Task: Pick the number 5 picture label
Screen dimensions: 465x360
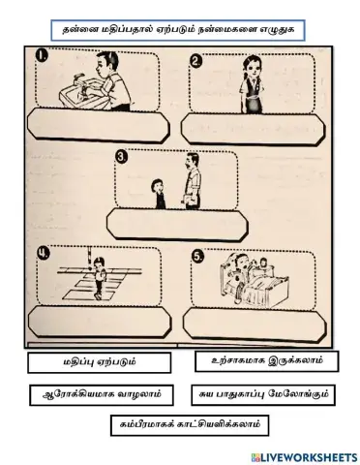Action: coord(197,258)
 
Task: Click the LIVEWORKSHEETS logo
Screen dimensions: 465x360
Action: coord(303,454)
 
